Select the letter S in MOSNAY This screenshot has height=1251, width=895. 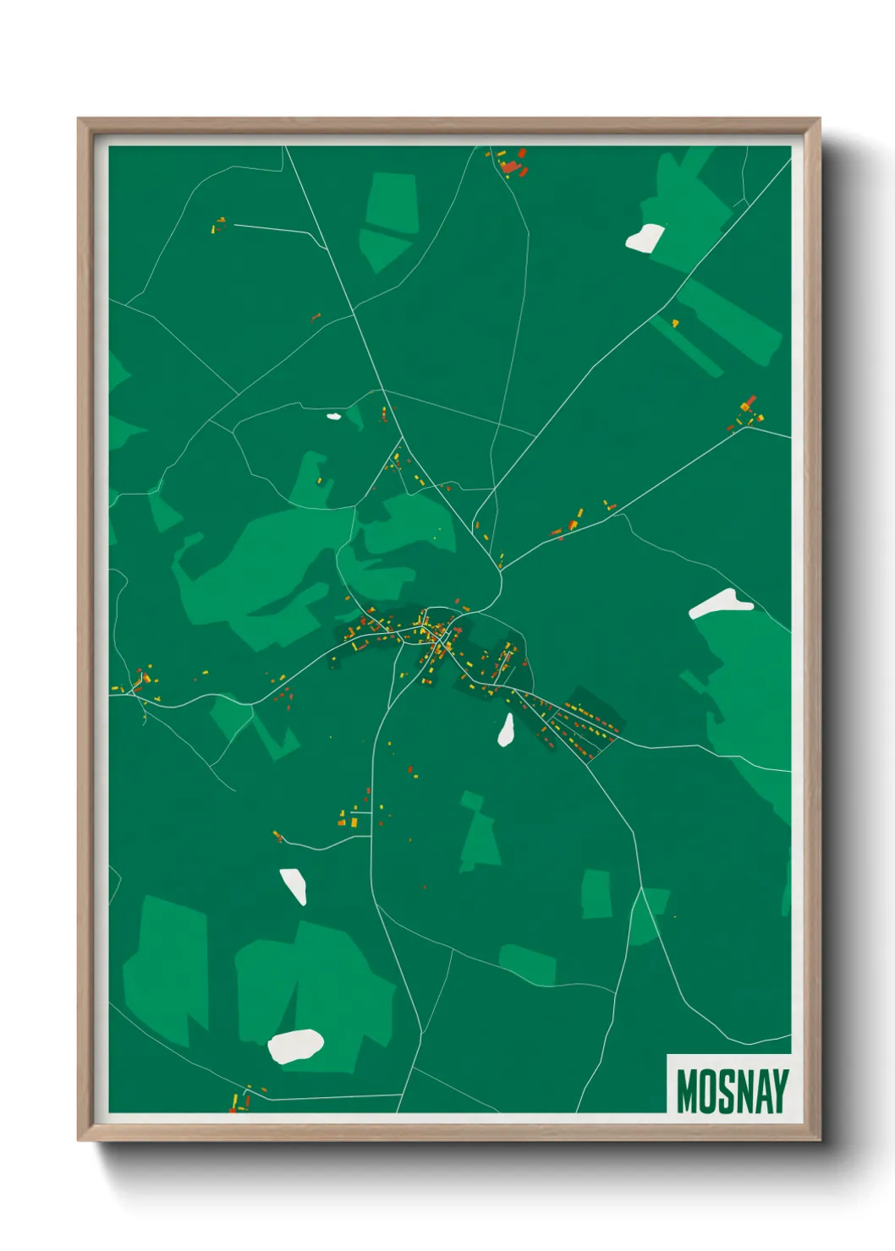[725, 1091]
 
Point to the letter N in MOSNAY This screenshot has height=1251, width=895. [744, 1091]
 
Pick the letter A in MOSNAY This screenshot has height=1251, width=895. [762, 1091]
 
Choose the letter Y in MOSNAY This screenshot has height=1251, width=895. [780, 1091]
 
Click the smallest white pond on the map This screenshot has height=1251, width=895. [333, 416]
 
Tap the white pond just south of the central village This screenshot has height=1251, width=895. [506, 730]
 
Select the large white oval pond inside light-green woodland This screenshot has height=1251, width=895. [294, 1046]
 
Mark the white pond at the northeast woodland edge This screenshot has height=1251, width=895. [645, 238]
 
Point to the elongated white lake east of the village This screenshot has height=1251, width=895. [720, 604]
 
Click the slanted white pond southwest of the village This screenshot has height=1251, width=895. [294, 886]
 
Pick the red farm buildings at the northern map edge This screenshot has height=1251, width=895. [513, 163]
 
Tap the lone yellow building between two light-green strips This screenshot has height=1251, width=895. [675, 322]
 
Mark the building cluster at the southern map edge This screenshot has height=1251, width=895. [240, 1099]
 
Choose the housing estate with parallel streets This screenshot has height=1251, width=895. [584, 725]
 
